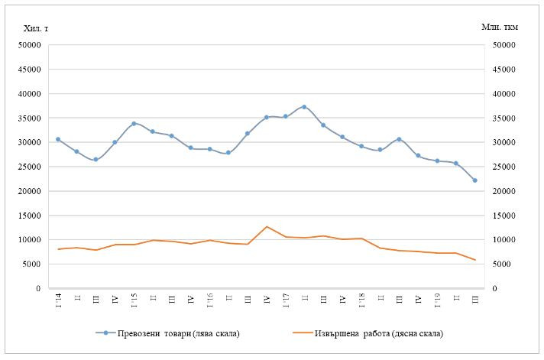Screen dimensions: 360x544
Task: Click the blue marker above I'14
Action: coord(58,139)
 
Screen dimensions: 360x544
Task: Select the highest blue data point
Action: coord(304,107)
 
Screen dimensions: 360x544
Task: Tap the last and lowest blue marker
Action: coord(474,180)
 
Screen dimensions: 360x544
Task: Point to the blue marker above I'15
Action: coord(134,124)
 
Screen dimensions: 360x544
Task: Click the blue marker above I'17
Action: coord(285,116)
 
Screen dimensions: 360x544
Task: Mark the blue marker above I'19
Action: coord(437,161)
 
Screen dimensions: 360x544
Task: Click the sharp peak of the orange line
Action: coord(267,227)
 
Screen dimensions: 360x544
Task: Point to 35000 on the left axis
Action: coord(29,118)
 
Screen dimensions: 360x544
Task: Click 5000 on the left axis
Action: coord(31,264)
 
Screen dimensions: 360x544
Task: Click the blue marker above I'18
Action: coord(361,146)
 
